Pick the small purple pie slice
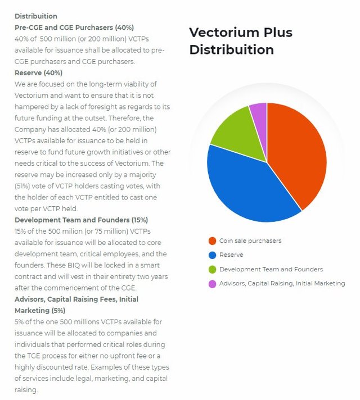(x=259, y=112)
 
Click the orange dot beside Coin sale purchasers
(x=212, y=241)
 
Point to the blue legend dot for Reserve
(x=212, y=255)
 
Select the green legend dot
(x=212, y=269)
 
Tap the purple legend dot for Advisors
(x=212, y=283)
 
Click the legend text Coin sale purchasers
(x=250, y=241)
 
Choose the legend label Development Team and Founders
(x=271, y=269)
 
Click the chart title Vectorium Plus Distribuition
(x=240, y=41)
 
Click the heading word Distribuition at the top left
(x=36, y=16)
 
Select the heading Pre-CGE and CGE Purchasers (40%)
(x=74, y=27)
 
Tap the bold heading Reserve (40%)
(x=38, y=72)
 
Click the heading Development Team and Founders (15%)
(x=81, y=220)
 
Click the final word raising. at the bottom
(x=26, y=389)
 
